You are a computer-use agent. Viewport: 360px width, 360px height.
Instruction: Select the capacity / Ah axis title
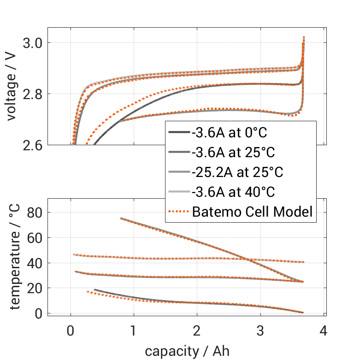click(x=187, y=351)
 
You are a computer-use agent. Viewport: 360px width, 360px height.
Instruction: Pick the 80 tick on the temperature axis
click(x=35, y=212)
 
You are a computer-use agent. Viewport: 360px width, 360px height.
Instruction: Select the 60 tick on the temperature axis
click(x=35, y=238)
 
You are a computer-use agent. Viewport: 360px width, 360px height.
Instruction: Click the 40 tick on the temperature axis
click(x=35, y=263)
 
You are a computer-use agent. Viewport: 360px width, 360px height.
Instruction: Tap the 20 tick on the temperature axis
click(x=35, y=289)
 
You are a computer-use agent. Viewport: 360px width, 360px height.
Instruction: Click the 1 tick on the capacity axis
click(x=134, y=330)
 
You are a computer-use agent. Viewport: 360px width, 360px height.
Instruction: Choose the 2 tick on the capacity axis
click(x=197, y=330)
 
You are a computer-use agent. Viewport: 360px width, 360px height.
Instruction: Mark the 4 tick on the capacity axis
click(x=324, y=330)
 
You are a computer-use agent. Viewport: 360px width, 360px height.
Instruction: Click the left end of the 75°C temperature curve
click(x=121, y=218)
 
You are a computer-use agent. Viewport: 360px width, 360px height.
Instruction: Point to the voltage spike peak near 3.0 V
click(x=304, y=37)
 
